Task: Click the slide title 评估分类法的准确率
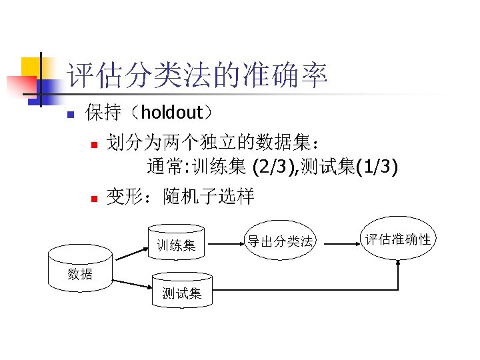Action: pyautogui.click(x=197, y=76)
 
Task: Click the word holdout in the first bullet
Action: pyautogui.click(x=170, y=113)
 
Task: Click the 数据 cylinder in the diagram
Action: pyautogui.click(x=80, y=271)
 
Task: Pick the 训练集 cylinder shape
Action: pyautogui.click(x=176, y=244)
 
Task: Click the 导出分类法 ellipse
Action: pyautogui.click(x=279, y=240)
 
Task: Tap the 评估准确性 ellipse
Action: pyautogui.click(x=398, y=239)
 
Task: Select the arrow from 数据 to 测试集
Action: pyautogui.click(x=130, y=283)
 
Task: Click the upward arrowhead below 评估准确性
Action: pyautogui.click(x=398, y=265)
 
